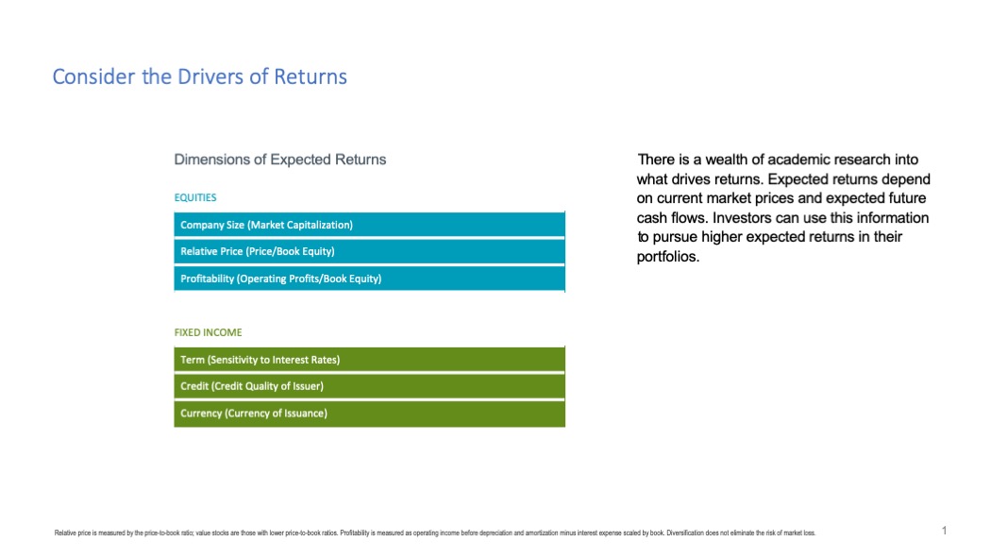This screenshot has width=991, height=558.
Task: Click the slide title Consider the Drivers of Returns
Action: click(x=200, y=76)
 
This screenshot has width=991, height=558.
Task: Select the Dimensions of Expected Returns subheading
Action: click(x=280, y=160)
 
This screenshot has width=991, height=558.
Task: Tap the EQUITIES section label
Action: click(x=195, y=197)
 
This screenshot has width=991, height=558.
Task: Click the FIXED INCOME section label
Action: click(x=208, y=332)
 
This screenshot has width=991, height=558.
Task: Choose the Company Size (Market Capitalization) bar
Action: click(x=370, y=225)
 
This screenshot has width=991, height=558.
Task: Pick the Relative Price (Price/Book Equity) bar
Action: click(x=370, y=251)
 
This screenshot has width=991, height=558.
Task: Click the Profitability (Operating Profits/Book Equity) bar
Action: click(x=370, y=279)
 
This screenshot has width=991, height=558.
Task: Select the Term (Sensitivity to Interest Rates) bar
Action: click(x=370, y=360)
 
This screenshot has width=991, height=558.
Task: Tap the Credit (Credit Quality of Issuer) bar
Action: click(x=370, y=386)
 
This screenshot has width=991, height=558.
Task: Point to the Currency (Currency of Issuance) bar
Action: click(x=370, y=414)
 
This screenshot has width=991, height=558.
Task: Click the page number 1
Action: click(x=944, y=531)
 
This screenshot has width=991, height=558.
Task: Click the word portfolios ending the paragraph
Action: click(x=668, y=257)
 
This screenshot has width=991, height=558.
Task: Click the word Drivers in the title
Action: click(x=210, y=76)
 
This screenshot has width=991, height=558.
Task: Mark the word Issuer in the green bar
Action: click(x=309, y=386)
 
